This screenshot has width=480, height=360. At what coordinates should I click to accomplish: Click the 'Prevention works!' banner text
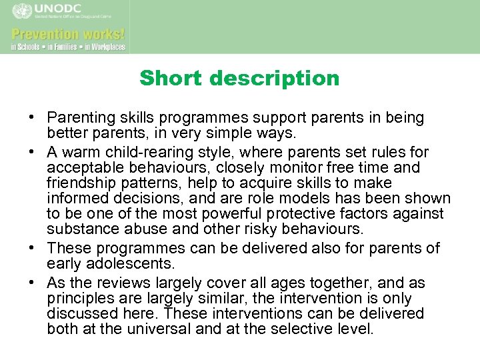[x=67, y=33]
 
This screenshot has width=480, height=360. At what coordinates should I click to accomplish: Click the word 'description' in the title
[x=275, y=79]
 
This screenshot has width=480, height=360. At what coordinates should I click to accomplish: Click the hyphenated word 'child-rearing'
[x=145, y=153]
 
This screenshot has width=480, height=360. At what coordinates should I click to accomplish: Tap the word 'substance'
[x=77, y=230]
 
